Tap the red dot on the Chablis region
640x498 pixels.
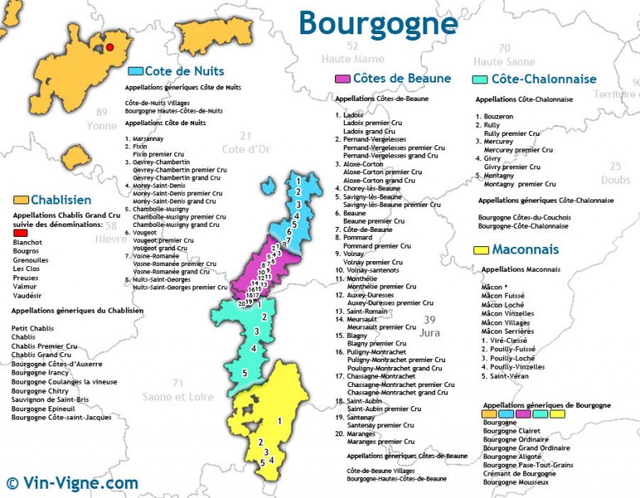click(x=110, y=48)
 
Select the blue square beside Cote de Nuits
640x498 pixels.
click(x=136, y=71)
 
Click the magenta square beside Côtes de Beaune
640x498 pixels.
click(x=342, y=79)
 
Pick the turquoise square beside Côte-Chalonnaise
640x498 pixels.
click(x=479, y=79)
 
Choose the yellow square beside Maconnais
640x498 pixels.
click(x=480, y=249)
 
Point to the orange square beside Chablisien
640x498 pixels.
click(x=21, y=200)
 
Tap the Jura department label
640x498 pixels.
click(x=430, y=332)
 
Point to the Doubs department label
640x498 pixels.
click(x=615, y=179)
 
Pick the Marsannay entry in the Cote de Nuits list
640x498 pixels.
click(x=147, y=138)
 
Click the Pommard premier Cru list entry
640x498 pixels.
click(x=373, y=246)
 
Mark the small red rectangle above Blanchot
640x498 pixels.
click(x=21, y=233)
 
